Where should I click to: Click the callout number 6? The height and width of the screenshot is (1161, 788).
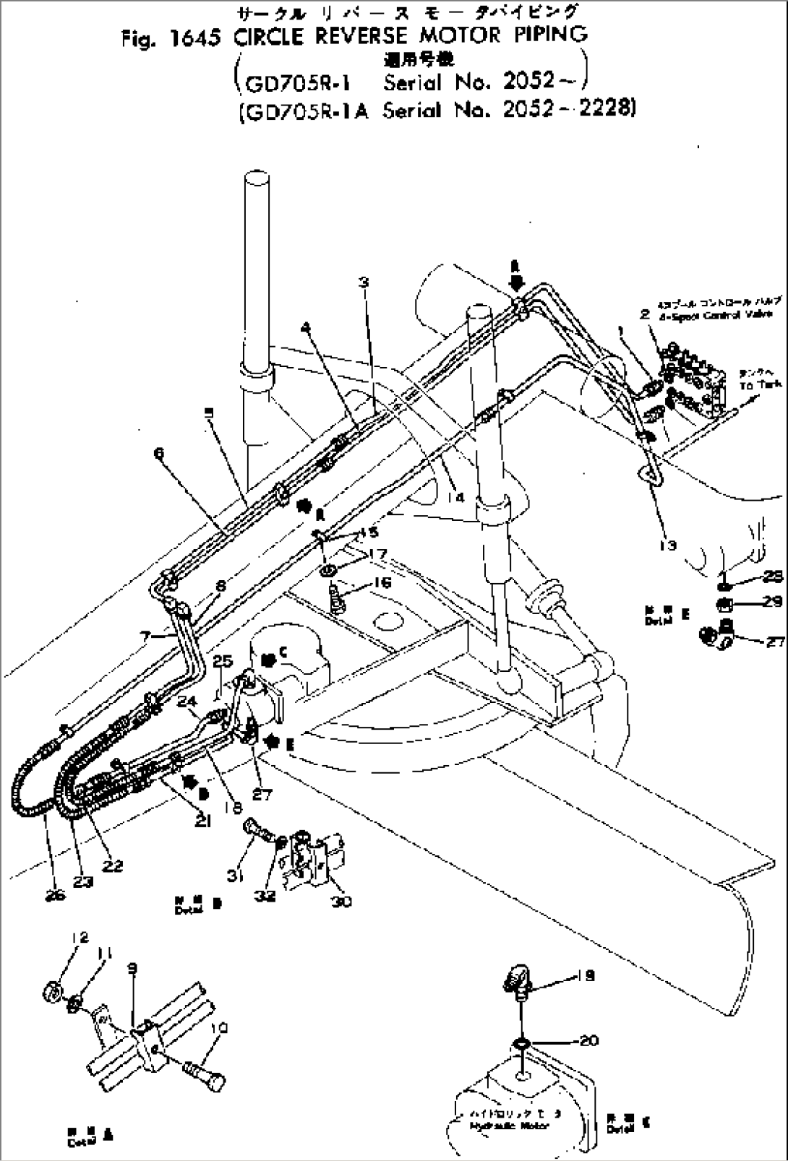click(158, 453)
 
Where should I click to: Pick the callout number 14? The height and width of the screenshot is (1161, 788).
click(455, 497)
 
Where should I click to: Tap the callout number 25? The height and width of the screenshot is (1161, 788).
click(223, 661)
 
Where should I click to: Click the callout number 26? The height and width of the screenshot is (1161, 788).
click(55, 895)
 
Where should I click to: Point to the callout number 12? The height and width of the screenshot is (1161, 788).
click(80, 937)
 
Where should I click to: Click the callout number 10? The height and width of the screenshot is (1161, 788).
click(220, 1027)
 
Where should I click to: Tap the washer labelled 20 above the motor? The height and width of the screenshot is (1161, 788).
click(521, 1043)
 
